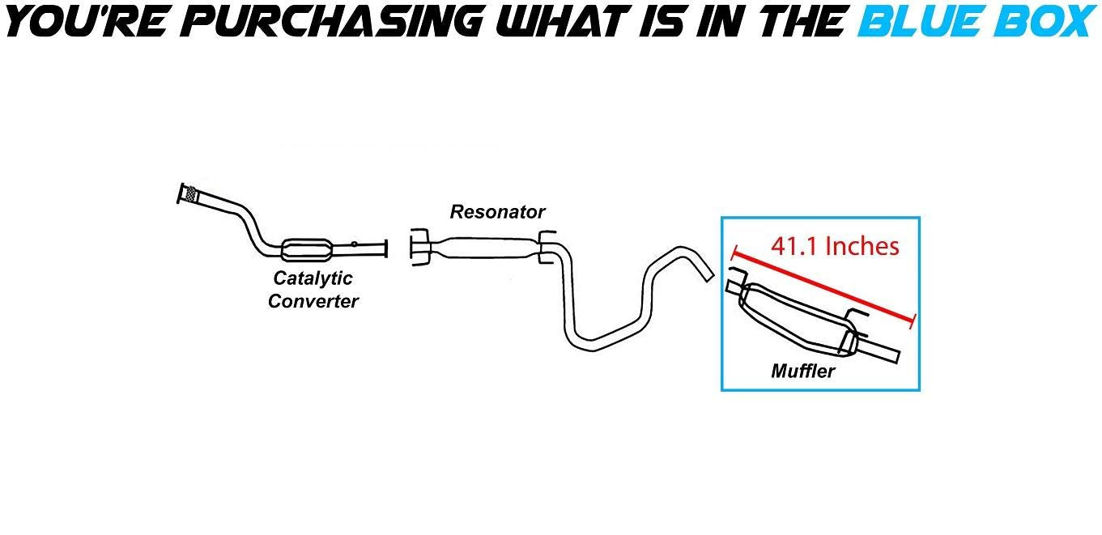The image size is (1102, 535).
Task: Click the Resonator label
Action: (497, 212)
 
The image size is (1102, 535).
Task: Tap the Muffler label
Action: (802, 372)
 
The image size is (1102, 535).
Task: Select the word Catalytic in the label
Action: (313, 278)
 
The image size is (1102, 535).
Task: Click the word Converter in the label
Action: (313, 302)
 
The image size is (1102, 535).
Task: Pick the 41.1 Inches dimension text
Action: (835, 246)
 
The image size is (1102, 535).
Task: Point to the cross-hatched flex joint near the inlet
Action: (192, 194)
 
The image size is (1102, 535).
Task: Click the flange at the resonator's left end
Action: (418, 246)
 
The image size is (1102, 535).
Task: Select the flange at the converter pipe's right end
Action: (386, 248)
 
